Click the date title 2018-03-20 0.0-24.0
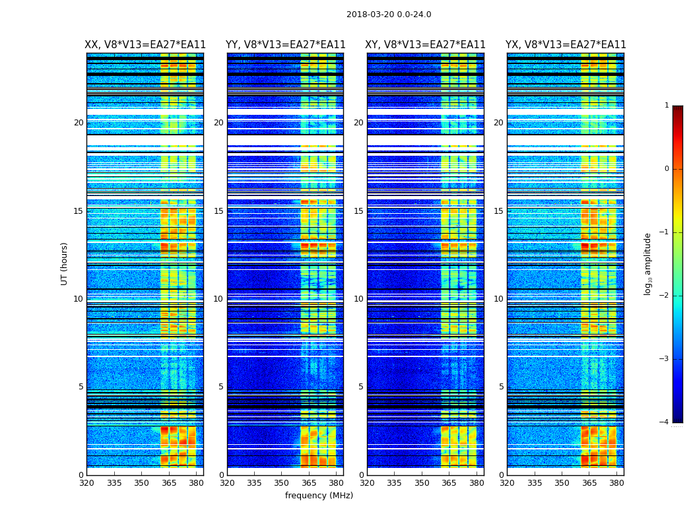tap(389, 15)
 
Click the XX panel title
tap(145, 45)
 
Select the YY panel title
tap(285, 45)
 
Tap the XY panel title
tap(426, 45)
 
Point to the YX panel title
tap(566, 45)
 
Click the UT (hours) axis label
tap(65, 263)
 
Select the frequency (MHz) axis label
tap(319, 496)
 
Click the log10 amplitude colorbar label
tap(648, 263)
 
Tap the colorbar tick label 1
tap(667, 106)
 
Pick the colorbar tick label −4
tap(665, 422)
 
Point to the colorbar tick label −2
tap(665, 296)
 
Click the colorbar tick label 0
tap(667, 169)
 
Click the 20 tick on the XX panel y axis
tap(79, 123)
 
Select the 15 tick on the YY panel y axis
tap(218, 211)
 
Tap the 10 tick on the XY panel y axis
tap(358, 299)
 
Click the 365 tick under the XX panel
tap(168, 483)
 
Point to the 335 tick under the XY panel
tap(394, 483)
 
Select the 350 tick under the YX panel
tap(562, 483)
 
